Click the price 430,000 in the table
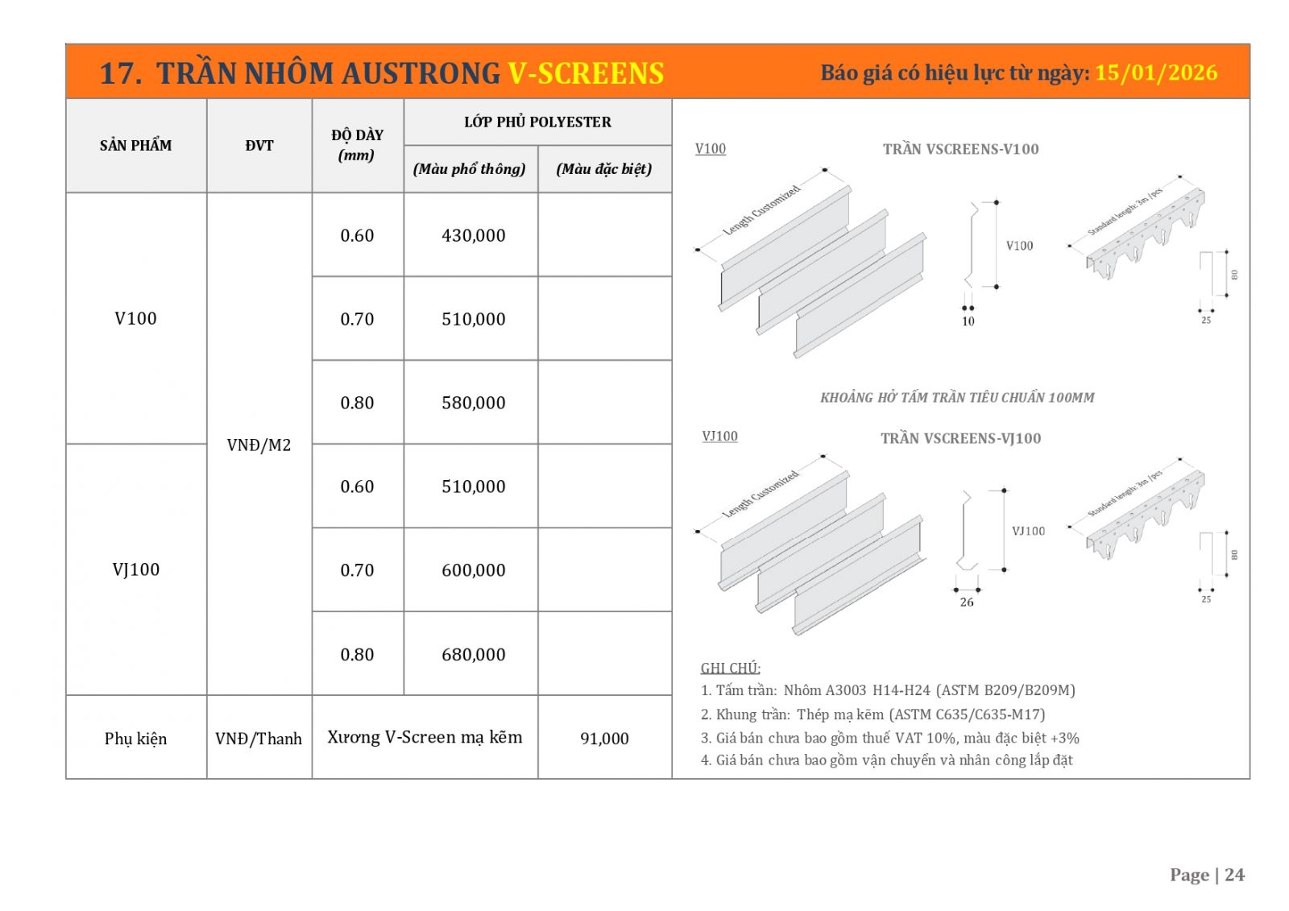click(x=473, y=235)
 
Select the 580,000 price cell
click(x=473, y=403)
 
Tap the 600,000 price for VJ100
click(x=473, y=570)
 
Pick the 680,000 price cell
click(x=473, y=654)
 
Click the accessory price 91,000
click(x=604, y=738)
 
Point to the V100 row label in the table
click(x=135, y=318)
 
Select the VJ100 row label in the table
click(x=135, y=569)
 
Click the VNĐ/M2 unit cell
click(x=259, y=445)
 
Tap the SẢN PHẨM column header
click(x=135, y=145)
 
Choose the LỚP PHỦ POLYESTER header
click(x=537, y=122)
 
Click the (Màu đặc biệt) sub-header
click(x=604, y=168)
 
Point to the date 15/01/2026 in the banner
click(x=1156, y=72)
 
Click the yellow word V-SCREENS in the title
click(x=586, y=73)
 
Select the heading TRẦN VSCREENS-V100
click(x=960, y=149)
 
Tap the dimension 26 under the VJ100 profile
click(x=967, y=602)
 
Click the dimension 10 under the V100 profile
click(x=968, y=321)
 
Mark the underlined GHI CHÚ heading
click(x=730, y=668)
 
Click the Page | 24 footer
click(x=1207, y=875)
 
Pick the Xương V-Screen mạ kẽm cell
click(x=425, y=737)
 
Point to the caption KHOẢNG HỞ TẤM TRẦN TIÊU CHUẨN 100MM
click(x=957, y=397)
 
